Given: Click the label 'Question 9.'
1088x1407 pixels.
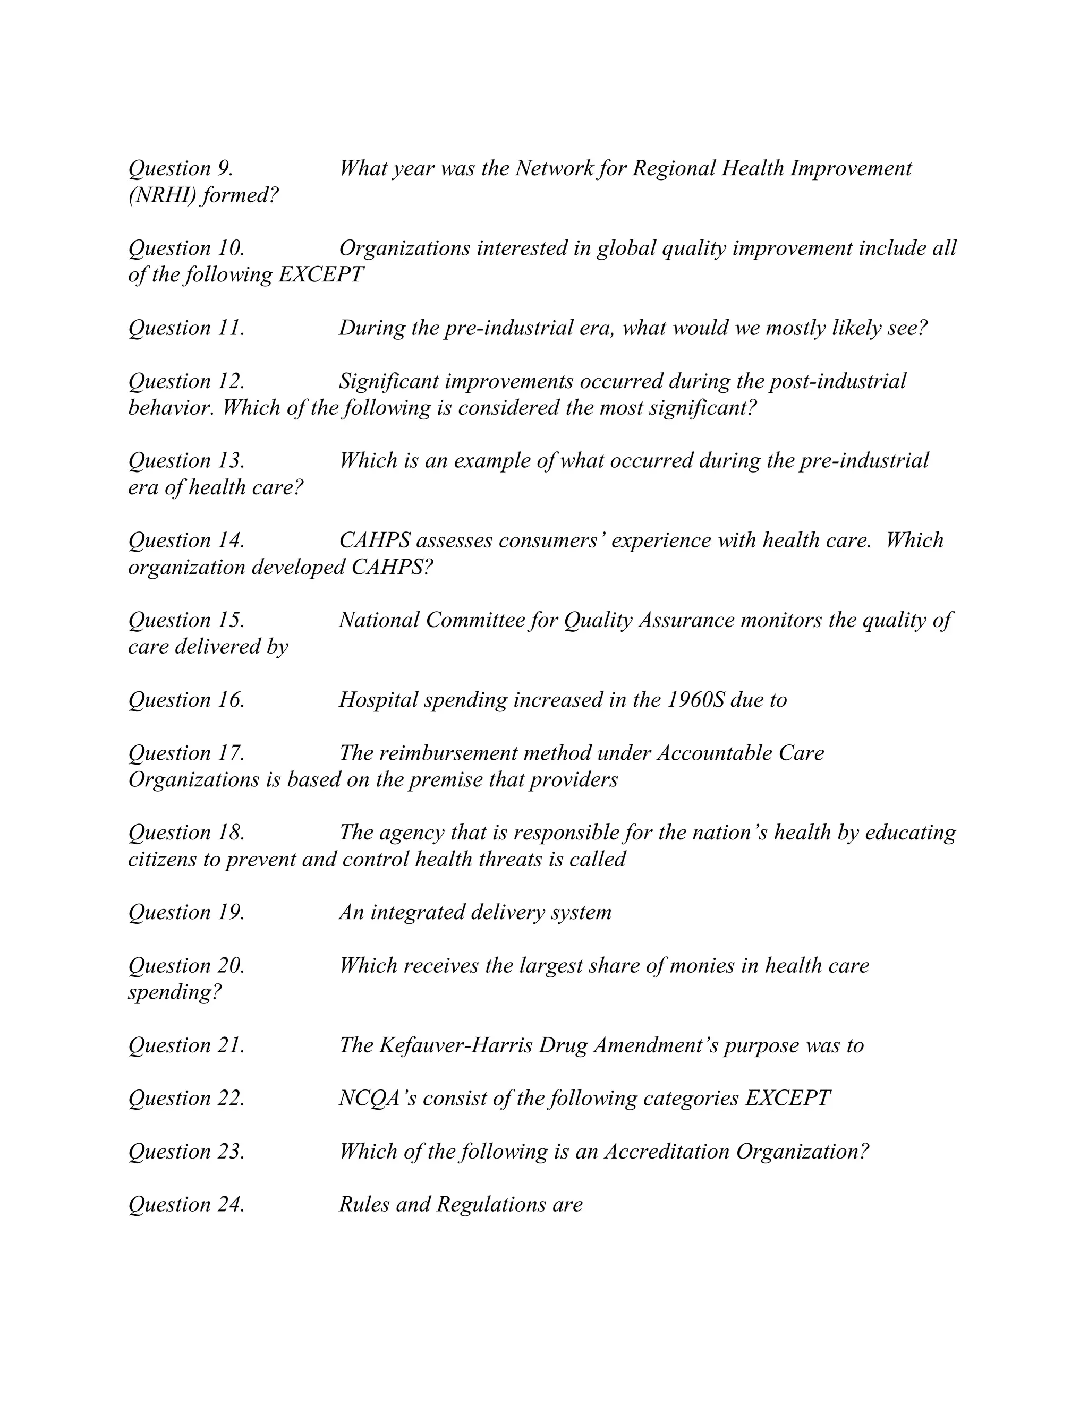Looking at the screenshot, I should (x=181, y=169).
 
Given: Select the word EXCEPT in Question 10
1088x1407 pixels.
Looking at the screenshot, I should (x=320, y=275).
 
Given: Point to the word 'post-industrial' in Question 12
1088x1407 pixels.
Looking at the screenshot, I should (x=838, y=381).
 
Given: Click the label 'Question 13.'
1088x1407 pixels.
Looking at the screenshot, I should (x=186, y=461).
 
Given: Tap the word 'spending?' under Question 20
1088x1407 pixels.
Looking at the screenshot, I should (x=175, y=993).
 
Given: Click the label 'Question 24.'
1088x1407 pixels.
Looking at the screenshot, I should (x=186, y=1205).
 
